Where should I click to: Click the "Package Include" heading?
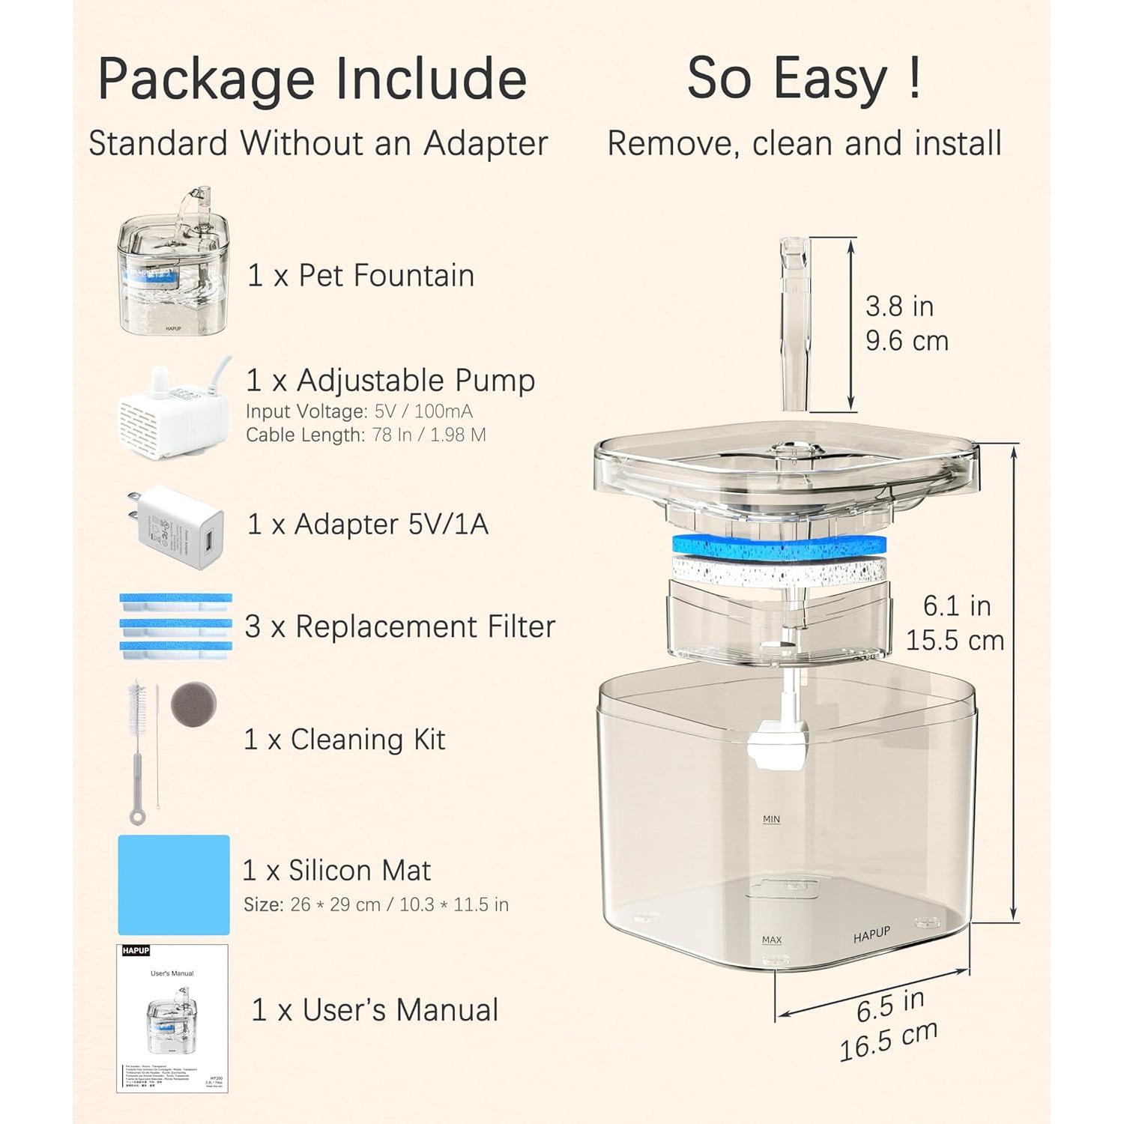point(312,79)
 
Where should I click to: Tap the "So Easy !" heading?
point(804,79)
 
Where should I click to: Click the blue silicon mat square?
point(174,885)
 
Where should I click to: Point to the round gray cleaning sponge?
point(193,704)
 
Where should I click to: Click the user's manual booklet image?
point(172,1018)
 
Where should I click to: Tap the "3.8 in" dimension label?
point(899,306)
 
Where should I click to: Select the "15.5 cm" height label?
point(955,641)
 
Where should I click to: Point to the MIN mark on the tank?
point(771,819)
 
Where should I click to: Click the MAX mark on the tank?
point(771,940)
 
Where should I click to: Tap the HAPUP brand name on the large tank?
point(871,934)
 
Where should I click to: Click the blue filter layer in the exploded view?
point(779,548)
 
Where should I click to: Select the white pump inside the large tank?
point(779,745)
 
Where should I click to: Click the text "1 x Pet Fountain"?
point(360,276)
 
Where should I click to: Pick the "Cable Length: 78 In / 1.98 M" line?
point(366,435)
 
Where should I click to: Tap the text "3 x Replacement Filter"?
point(399,626)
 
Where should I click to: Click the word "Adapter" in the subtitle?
point(486,143)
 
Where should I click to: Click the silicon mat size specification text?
point(375,905)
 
